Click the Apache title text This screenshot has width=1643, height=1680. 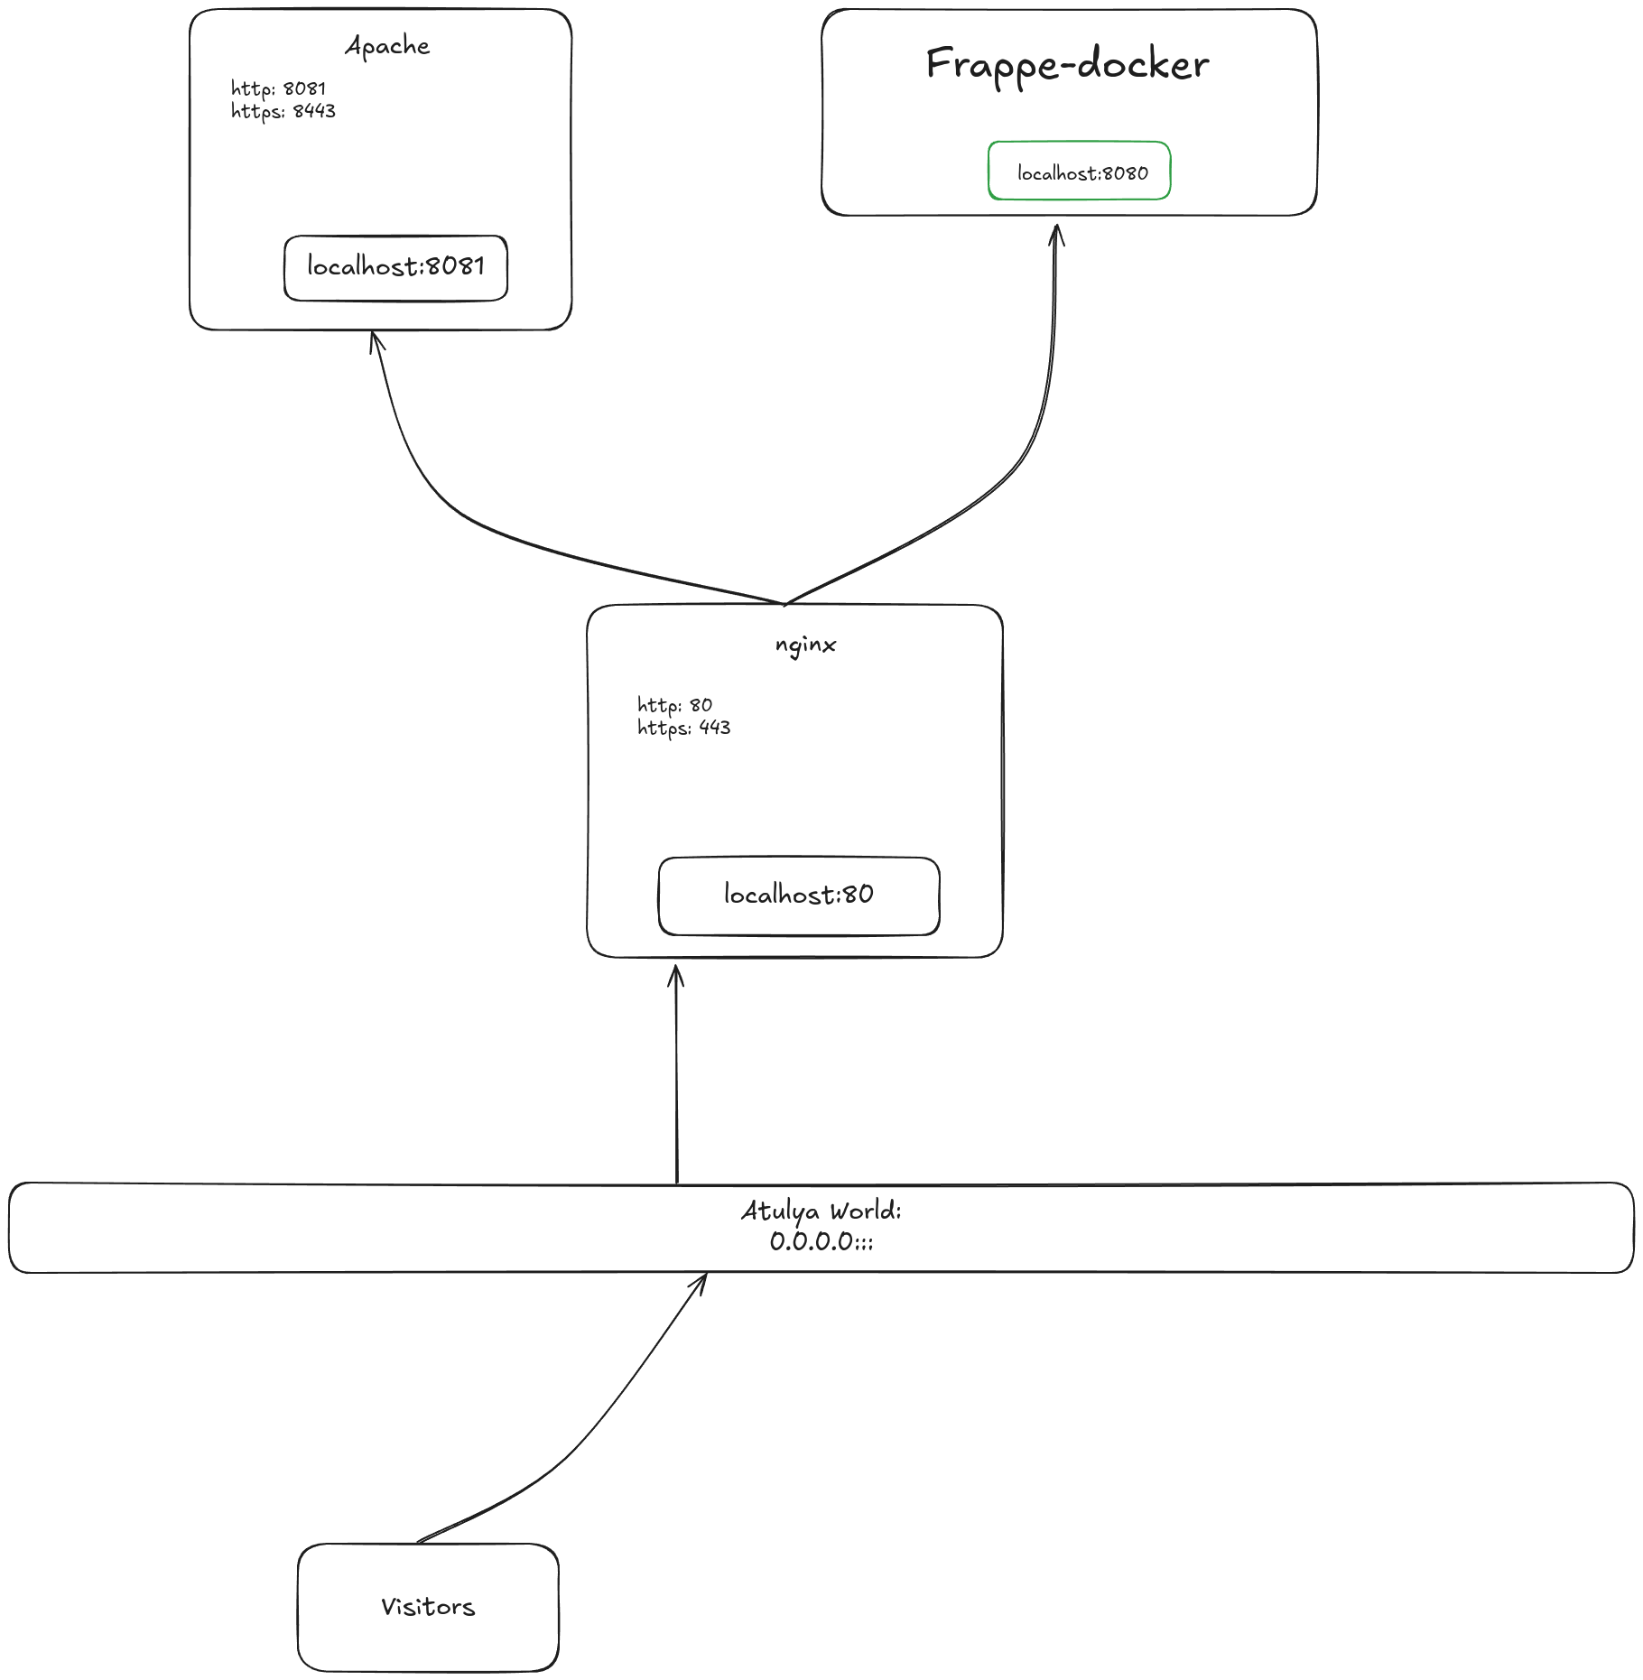coord(387,46)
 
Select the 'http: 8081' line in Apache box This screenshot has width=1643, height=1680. coord(278,88)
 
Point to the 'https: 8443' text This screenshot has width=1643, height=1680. coord(283,111)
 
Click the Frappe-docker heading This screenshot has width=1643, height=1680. coord(1068,65)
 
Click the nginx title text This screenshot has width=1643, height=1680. coord(806,645)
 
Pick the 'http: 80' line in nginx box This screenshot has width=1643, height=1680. coord(675,705)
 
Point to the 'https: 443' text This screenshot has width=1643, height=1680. coord(684,728)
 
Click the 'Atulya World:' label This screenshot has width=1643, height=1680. coord(821,1211)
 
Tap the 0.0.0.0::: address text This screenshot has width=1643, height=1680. coord(821,1241)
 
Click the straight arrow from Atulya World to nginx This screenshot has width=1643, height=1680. coord(677,1074)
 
